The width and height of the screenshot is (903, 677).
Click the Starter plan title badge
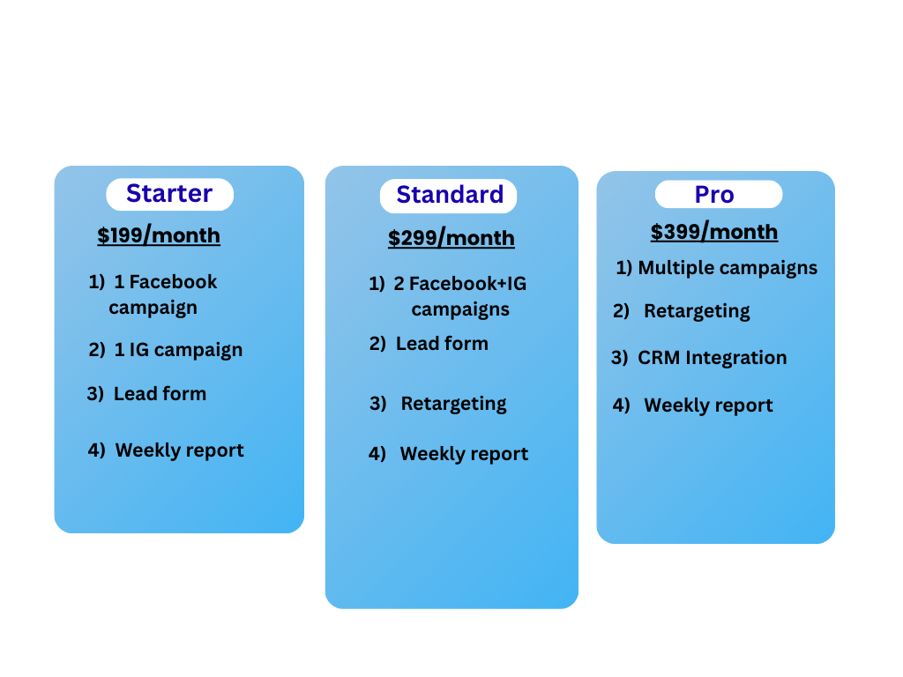tap(170, 195)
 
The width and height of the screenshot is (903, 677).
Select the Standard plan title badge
tap(448, 196)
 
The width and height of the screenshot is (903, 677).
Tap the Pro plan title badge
tap(719, 195)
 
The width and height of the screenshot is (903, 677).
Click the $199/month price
tap(159, 235)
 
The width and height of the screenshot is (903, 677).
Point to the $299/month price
tap(451, 238)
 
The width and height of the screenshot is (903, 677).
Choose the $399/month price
tap(714, 232)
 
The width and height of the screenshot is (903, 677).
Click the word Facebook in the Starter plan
tap(174, 281)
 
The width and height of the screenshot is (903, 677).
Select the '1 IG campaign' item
tap(178, 350)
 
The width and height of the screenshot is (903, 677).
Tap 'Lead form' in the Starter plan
tap(160, 394)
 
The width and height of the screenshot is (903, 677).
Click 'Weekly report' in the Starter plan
tap(180, 450)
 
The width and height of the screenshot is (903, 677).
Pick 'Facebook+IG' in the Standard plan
tap(467, 283)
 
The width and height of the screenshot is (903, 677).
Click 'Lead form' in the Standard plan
tap(443, 344)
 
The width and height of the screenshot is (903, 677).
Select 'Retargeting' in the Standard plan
tap(454, 404)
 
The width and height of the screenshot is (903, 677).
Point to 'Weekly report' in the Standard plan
tap(464, 454)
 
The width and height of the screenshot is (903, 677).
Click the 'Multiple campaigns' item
tap(728, 268)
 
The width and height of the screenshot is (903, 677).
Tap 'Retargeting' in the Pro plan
tap(697, 311)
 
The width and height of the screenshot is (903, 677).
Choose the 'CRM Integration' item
tap(713, 358)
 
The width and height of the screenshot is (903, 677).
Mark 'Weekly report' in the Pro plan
tap(708, 405)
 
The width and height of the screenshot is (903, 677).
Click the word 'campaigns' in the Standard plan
tap(460, 309)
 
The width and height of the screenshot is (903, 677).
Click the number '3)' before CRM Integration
tap(620, 358)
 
